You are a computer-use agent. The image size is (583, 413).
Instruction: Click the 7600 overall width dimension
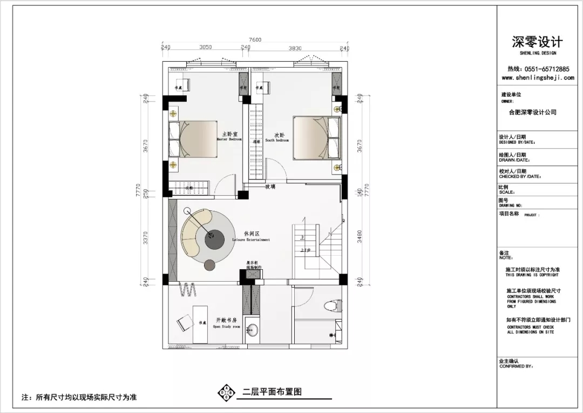pos(255,39)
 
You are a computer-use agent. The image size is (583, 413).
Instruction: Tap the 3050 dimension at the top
pos(206,48)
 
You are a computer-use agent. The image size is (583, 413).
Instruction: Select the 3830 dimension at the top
pos(295,48)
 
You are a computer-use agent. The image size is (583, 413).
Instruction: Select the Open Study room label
pos(226,323)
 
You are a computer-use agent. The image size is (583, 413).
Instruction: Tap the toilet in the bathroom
pos(333,307)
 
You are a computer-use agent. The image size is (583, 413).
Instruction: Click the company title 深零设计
pos(537,42)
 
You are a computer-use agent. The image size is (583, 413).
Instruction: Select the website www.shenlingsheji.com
pos(537,78)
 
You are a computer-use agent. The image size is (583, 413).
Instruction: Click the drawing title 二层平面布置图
pos(272,392)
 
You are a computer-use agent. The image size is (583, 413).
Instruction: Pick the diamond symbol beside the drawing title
pos(226,392)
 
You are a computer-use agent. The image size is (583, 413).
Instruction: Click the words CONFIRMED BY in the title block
pos(516,367)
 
